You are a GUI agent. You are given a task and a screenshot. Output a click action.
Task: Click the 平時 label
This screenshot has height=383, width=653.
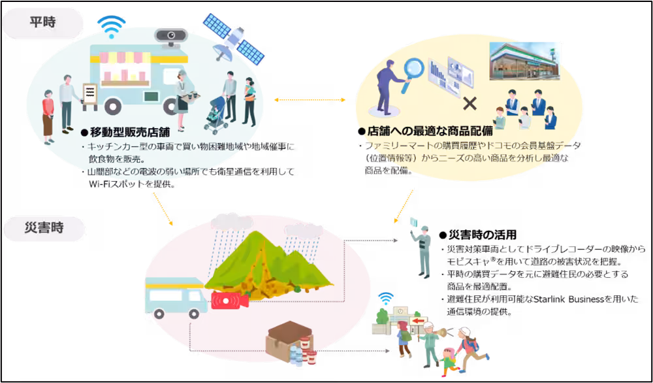42,22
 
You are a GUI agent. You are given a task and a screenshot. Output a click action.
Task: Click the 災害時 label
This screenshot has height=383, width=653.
44,230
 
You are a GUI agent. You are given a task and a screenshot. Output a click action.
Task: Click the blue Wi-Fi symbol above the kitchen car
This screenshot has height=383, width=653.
112,27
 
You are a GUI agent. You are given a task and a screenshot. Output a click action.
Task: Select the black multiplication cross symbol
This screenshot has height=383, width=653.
469,103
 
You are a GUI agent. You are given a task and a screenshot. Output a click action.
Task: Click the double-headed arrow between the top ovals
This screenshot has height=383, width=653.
309,100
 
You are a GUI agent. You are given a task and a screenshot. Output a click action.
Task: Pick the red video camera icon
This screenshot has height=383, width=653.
229,301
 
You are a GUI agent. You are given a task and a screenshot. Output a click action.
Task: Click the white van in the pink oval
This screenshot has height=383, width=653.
174,298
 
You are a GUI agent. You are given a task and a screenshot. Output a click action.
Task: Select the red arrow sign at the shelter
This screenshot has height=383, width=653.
417,320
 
